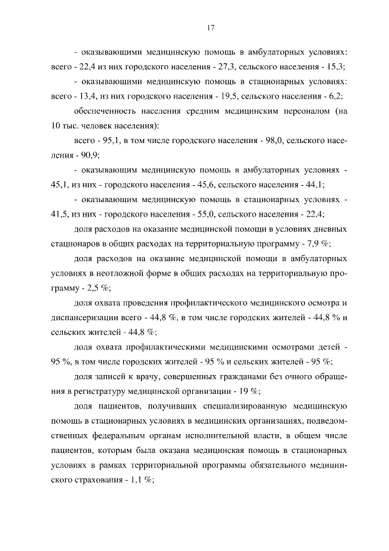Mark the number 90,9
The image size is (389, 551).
(81, 155)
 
